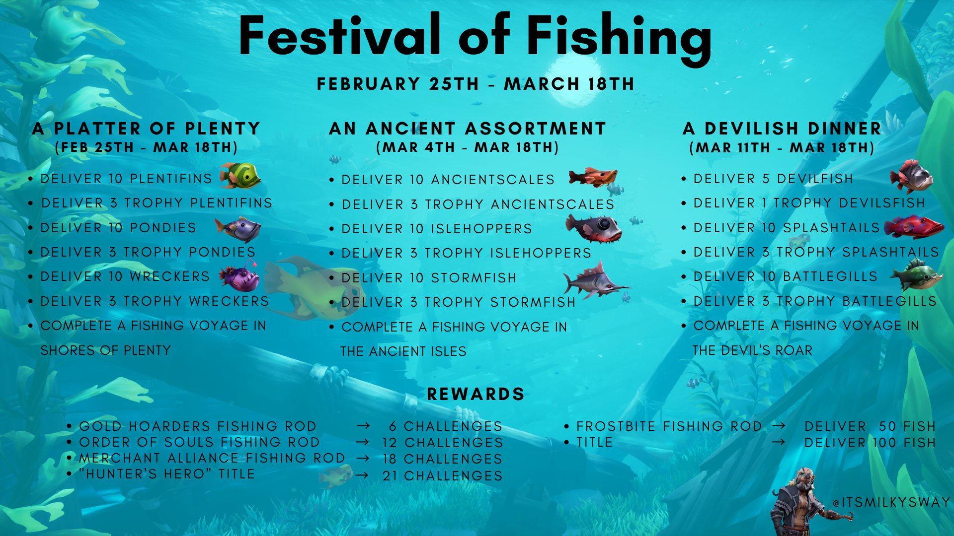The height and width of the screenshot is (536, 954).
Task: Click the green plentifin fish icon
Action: pyautogui.click(x=240, y=176)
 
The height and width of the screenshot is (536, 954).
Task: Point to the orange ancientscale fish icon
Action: pyautogui.click(x=593, y=177)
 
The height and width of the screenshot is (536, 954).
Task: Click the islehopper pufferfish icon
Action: pyautogui.click(x=594, y=228)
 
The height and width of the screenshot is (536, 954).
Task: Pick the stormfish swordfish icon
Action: pyautogui.click(x=596, y=280)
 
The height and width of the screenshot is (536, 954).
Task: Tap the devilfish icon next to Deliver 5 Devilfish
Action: pyautogui.click(x=911, y=176)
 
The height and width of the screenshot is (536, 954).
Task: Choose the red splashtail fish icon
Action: pyautogui.click(x=914, y=227)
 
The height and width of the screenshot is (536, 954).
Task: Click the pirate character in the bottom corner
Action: pyautogui.click(x=801, y=501)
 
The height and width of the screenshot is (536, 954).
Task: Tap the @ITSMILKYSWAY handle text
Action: pyautogui.click(x=892, y=502)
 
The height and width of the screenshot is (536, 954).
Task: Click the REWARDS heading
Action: pyautogui.click(x=476, y=394)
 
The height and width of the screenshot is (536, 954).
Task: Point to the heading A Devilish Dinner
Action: pyautogui.click(x=782, y=129)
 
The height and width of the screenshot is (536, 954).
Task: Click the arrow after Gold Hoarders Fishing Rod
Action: pyautogui.click(x=363, y=426)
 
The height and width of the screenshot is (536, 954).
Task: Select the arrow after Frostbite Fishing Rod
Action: pyautogui.click(x=779, y=425)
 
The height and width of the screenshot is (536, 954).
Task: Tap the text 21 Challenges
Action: pyautogui.click(x=443, y=475)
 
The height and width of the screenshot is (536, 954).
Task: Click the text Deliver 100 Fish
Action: pyautogui.click(x=870, y=442)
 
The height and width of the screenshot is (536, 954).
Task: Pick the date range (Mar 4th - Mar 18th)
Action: pyautogui.click(x=468, y=147)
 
